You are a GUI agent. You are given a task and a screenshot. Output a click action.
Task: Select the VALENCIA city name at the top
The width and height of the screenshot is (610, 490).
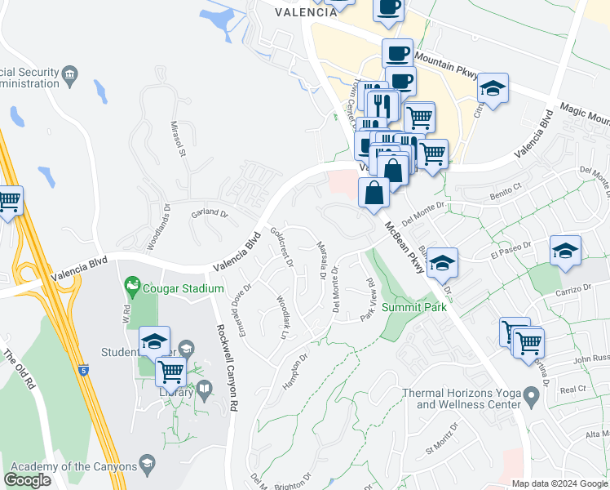point(306,12)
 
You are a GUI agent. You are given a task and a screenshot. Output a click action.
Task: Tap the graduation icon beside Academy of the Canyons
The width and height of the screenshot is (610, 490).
point(148,465)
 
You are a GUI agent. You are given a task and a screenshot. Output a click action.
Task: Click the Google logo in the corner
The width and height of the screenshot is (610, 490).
point(27,480)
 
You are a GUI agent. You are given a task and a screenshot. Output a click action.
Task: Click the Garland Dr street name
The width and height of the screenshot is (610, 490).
point(210,214)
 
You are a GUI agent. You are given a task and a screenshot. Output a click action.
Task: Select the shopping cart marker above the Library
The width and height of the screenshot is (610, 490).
point(171,372)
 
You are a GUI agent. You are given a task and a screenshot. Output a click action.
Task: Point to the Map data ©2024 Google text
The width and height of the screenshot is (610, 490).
point(560,483)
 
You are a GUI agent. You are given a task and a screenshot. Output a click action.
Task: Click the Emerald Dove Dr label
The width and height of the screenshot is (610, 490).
point(241,303)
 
